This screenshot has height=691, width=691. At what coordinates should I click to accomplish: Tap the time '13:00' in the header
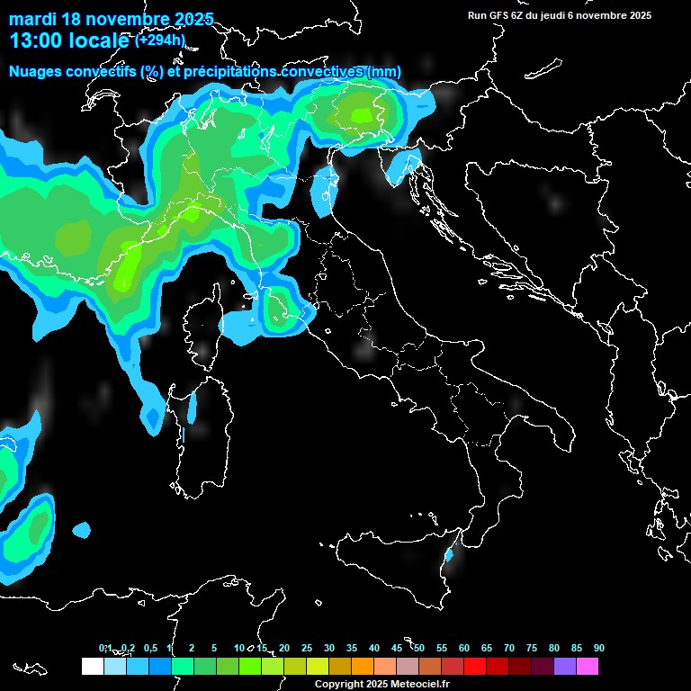[36, 40]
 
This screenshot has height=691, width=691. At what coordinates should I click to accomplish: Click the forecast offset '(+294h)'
[161, 40]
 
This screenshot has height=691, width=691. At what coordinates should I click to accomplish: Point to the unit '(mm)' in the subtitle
[384, 71]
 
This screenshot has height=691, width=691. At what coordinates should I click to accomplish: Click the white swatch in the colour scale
[92, 667]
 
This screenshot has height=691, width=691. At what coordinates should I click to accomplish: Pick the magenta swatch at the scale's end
[588, 667]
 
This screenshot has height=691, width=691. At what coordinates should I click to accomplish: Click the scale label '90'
[598, 648]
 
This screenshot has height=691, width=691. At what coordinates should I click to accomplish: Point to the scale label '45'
[397, 648]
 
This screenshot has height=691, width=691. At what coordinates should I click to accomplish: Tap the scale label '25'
[307, 648]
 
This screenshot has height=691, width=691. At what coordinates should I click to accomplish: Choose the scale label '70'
[509, 648]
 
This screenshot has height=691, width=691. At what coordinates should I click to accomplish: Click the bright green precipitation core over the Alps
[362, 114]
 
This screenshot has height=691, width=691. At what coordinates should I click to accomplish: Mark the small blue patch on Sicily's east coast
[449, 556]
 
